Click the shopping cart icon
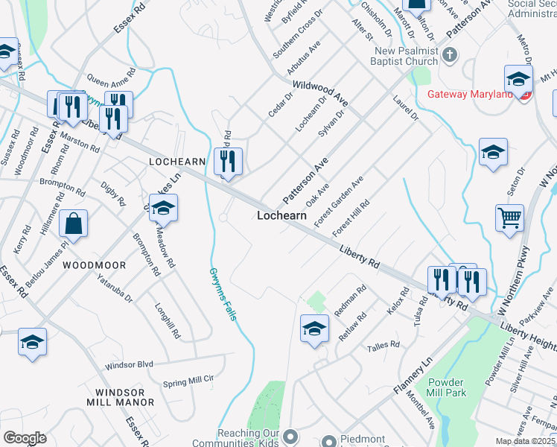(x=510, y=219)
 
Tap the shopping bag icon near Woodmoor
(x=74, y=223)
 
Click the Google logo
(x=25, y=438)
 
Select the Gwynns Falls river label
(x=223, y=294)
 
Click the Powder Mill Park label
(x=447, y=387)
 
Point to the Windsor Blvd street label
(x=129, y=365)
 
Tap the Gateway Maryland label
(x=470, y=95)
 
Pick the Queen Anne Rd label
(x=111, y=76)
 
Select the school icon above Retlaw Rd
(x=314, y=328)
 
